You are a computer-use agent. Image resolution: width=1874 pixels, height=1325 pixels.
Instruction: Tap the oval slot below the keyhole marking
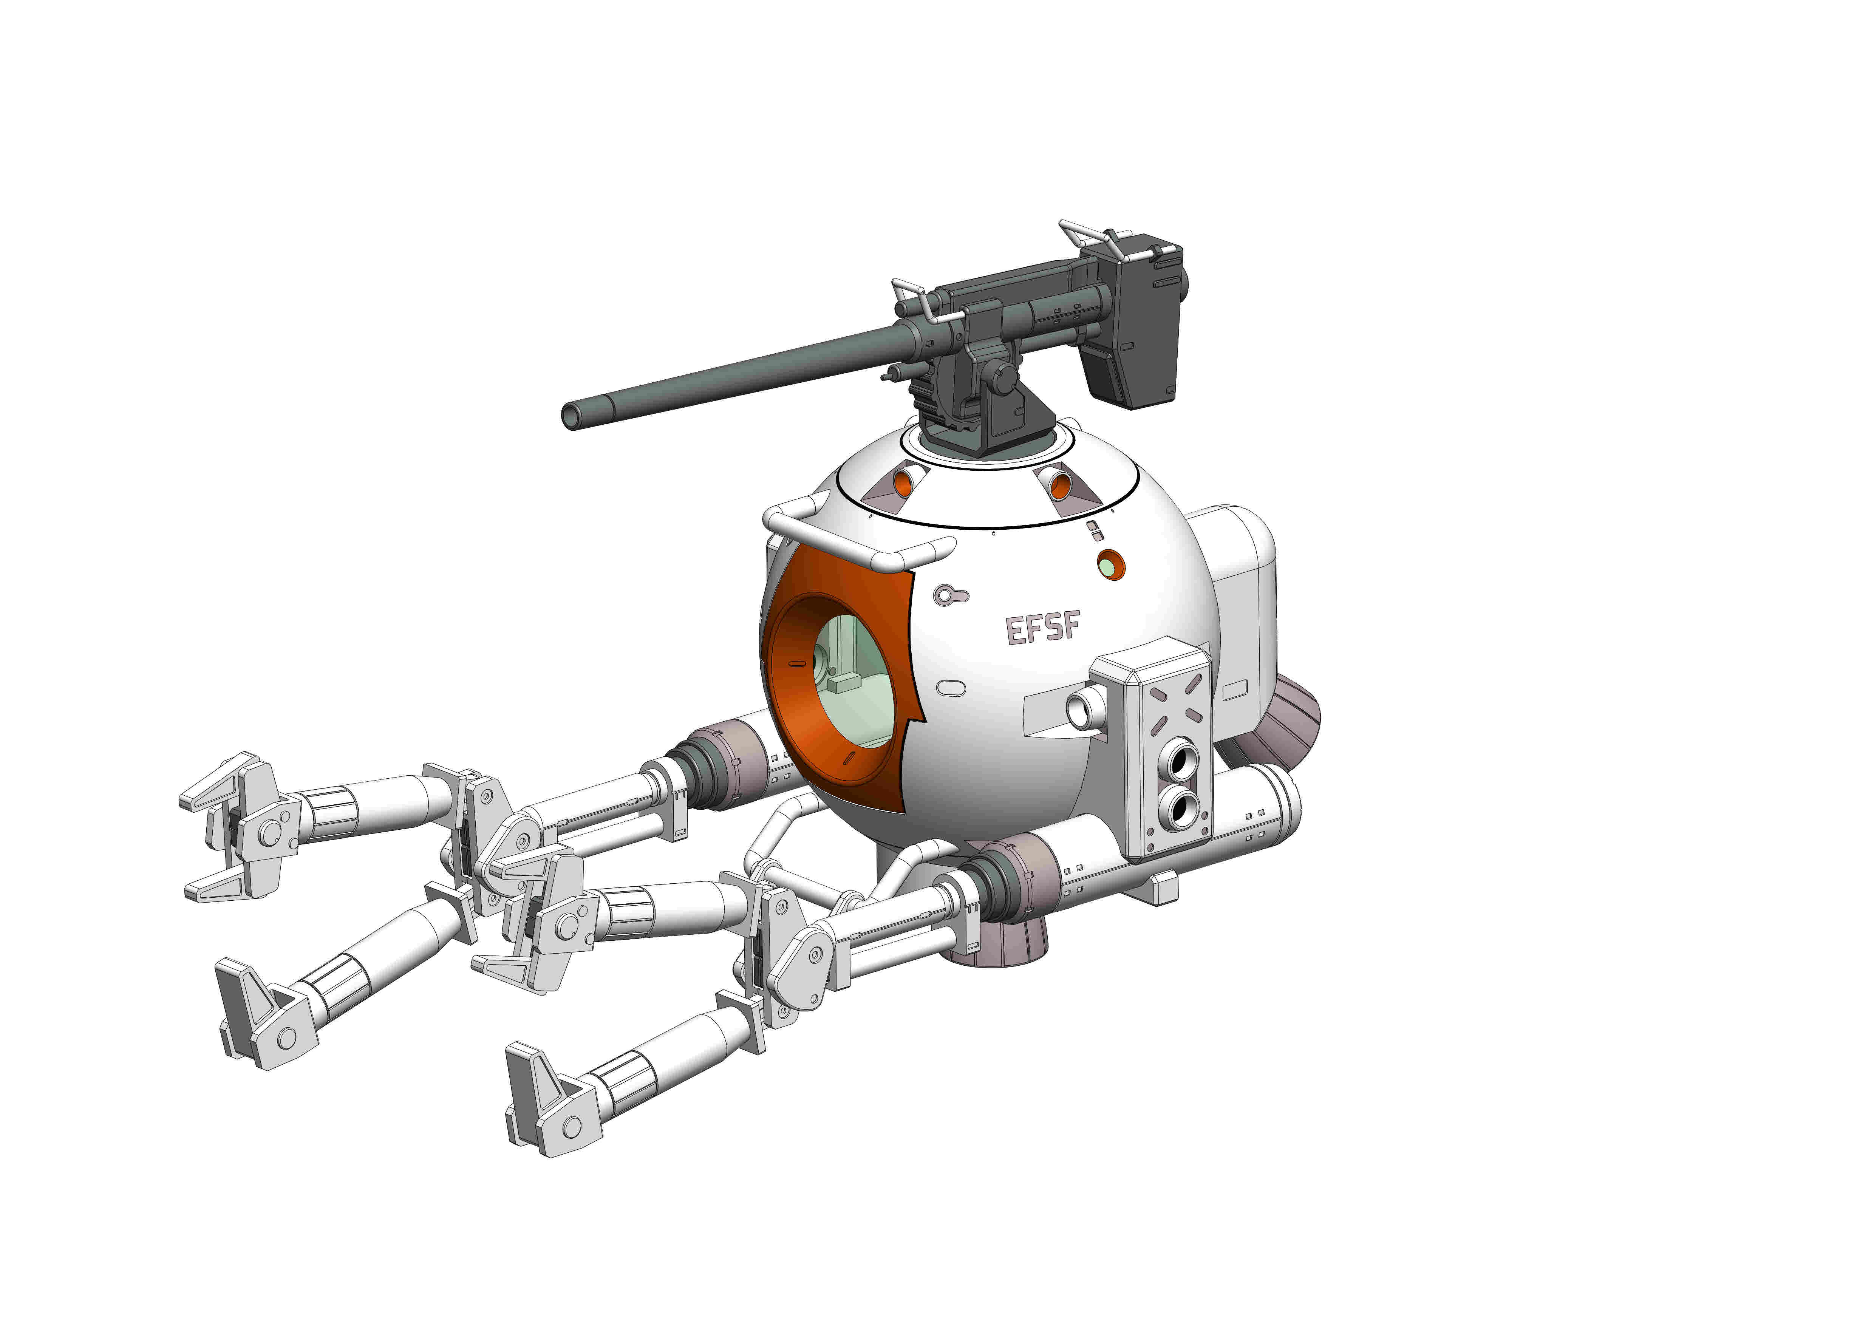(x=951, y=688)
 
